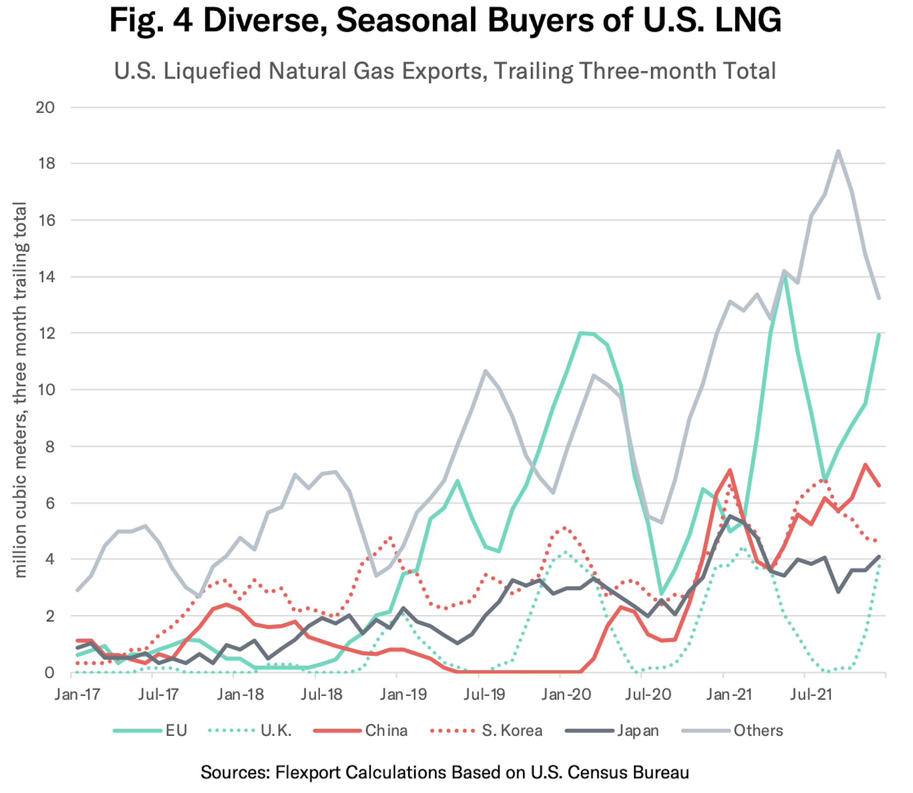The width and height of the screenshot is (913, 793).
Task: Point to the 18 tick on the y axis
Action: click(x=47, y=164)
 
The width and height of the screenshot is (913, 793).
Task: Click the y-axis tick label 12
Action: click(x=47, y=333)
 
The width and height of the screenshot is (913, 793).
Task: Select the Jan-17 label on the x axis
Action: click(x=78, y=695)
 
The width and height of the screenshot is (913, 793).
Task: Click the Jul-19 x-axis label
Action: click(x=484, y=695)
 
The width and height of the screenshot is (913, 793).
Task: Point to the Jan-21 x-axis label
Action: click(x=729, y=695)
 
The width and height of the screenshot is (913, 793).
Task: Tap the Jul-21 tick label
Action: click(x=811, y=695)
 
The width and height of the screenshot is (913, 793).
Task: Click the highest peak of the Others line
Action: click(x=838, y=151)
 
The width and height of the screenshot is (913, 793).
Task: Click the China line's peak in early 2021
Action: click(x=730, y=470)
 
